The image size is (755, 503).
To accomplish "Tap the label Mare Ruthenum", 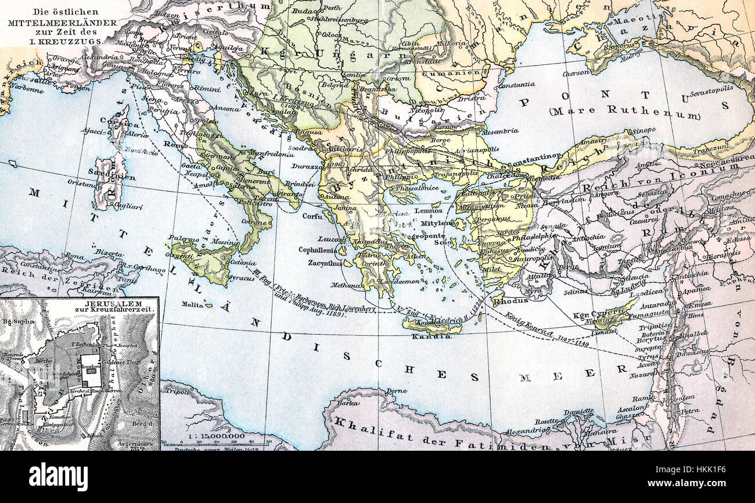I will coord(624,110).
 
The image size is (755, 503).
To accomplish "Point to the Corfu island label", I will coord(312,215).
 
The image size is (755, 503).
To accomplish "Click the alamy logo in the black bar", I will coord(58,477).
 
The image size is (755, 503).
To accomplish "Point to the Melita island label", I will coord(193,304).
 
